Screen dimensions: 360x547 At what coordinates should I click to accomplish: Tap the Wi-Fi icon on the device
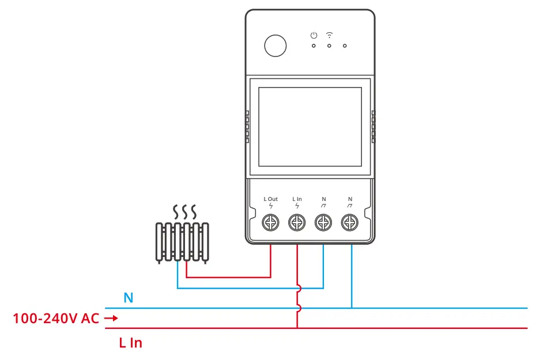(x=329, y=35)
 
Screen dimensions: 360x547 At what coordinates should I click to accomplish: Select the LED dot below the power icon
(x=314, y=46)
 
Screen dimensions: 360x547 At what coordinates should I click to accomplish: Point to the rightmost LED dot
(x=345, y=46)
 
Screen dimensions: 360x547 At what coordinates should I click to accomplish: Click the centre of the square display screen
(x=310, y=127)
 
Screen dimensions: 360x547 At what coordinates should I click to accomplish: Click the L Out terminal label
(x=270, y=199)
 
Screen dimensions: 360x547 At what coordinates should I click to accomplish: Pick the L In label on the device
(x=297, y=199)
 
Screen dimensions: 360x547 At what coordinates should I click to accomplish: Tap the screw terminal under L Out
(x=270, y=222)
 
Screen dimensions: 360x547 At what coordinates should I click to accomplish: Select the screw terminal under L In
(x=297, y=222)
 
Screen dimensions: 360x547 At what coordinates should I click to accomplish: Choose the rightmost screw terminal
(x=350, y=222)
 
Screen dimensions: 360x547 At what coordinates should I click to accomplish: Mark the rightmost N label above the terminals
(x=350, y=199)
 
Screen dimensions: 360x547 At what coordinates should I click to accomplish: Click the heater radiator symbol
(x=182, y=242)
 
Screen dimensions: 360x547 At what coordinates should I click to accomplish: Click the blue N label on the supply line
(x=128, y=298)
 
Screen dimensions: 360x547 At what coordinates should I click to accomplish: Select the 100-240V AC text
(x=56, y=318)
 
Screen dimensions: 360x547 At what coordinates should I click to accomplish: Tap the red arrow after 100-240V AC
(x=111, y=318)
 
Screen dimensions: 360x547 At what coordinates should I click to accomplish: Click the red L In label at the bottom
(x=130, y=343)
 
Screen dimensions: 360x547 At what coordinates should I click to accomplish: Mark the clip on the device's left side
(x=247, y=127)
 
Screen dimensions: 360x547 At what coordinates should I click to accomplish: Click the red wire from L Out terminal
(x=270, y=262)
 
